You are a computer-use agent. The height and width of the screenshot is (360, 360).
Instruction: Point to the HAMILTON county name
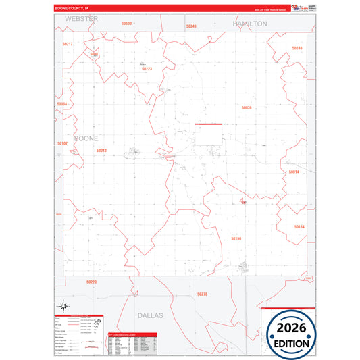[250, 23]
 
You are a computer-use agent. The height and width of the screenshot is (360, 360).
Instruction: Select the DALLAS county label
[151, 315]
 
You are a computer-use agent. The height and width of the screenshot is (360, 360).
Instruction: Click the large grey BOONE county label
[86, 138]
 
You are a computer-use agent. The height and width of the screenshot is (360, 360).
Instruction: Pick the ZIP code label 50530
[126, 23]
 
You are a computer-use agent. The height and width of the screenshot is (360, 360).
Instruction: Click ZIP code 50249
[190, 26]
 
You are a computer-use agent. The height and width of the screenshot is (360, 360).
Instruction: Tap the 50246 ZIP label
[297, 48]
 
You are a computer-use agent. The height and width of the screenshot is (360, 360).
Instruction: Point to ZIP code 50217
[68, 43]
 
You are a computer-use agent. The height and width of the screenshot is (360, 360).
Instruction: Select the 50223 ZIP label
[147, 68]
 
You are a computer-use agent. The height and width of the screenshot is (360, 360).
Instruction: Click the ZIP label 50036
[247, 107]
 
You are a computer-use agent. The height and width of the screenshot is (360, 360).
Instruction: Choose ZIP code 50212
[101, 150]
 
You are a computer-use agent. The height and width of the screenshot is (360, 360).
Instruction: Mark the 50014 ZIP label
[294, 172]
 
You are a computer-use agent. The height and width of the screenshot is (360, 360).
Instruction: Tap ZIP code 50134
[299, 227]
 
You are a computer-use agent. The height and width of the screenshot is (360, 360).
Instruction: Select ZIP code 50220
[91, 282]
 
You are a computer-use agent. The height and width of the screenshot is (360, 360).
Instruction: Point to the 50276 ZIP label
[202, 294]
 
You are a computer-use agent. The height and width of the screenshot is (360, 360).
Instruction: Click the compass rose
[62, 305]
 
